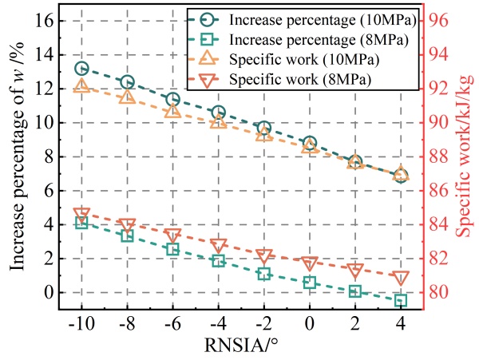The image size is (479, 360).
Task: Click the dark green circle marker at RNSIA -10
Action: [81, 69]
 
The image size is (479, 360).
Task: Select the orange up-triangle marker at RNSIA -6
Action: [173, 110]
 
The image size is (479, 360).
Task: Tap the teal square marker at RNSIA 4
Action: [401, 300]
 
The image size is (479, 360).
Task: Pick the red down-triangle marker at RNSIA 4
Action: [401, 278]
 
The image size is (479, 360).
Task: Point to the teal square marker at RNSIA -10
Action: [81, 223]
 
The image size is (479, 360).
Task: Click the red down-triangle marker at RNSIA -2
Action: [264, 256]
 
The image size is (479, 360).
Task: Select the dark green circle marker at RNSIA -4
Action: [219, 113]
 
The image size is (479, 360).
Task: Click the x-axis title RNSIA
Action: [240, 346]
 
